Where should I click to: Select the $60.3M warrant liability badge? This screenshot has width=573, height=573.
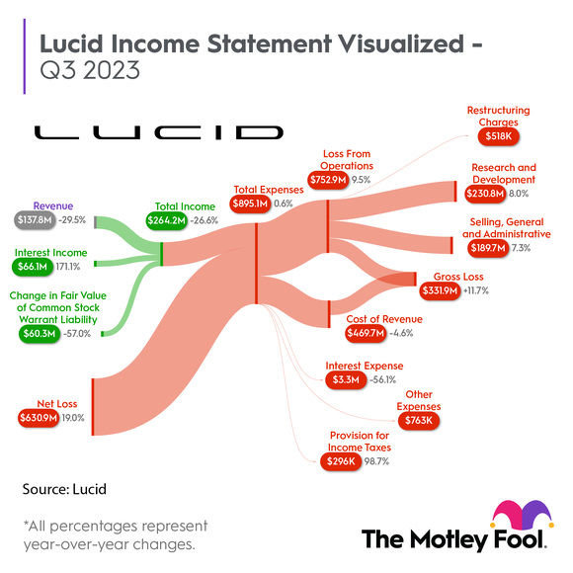coord(37,334)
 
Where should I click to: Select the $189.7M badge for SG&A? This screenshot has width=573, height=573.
coord(485,249)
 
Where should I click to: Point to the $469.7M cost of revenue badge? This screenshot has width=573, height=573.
coord(367,334)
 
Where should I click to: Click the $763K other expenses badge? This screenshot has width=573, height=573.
coord(419,421)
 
